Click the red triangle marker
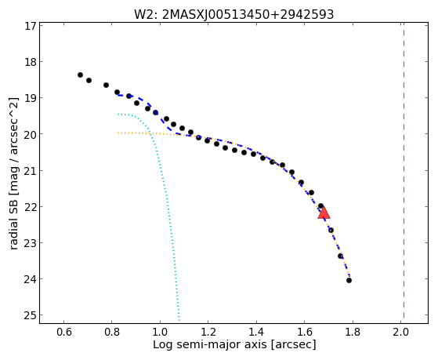[x=324, y=213]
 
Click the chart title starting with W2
[x=233, y=14]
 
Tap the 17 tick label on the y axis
[x=31, y=26]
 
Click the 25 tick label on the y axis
[x=31, y=315]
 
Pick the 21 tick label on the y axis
[x=31, y=170]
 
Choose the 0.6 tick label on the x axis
[x=64, y=332]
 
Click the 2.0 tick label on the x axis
[x=400, y=332]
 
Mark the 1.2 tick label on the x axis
[x=208, y=332]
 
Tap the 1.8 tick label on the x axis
[x=353, y=332]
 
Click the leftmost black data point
[x=80, y=75]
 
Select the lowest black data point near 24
[x=349, y=280]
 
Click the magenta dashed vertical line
[x=404, y=171]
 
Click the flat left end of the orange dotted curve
[x=118, y=133]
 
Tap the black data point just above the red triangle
[x=320, y=205]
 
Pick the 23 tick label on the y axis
[x=31, y=243]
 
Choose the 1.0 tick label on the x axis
[x=160, y=332]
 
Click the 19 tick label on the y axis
[x=31, y=98]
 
